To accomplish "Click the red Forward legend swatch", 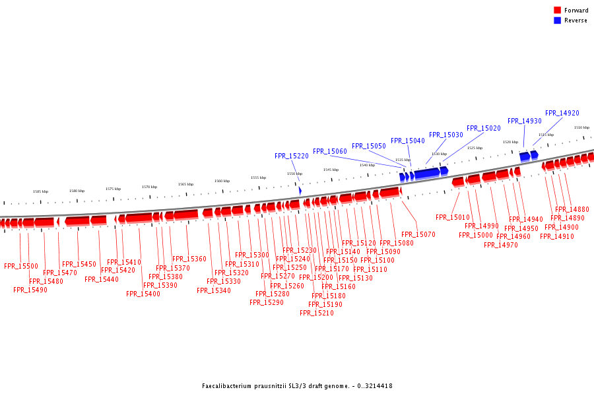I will click(x=557, y=10).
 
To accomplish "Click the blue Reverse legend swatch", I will click(x=557, y=20).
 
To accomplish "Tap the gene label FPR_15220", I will click(x=292, y=156).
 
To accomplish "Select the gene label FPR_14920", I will click(x=562, y=114).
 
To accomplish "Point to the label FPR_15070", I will click(x=418, y=234).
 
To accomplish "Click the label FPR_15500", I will click(x=21, y=267).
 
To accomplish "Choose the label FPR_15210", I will click(x=317, y=313).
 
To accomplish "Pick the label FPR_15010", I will click(x=453, y=218).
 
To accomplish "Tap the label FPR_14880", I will click(x=572, y=210).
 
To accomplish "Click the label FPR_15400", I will click(x=143, y=294).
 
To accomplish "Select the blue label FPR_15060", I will click(x=330, y=152).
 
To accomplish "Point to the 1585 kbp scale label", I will click(x=41, y=191).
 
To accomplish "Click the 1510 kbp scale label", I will click(x=581, y=127).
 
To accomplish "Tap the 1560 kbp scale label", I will click(x=222, y=181).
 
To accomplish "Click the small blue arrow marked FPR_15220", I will click(x=300, y=190).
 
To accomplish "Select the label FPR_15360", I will click(x=189, y=259).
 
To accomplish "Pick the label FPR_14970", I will click(x=501, y=246).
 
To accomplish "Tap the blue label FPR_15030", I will click(x=446, y=135).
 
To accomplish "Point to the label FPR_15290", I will click(x=267, y=302).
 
